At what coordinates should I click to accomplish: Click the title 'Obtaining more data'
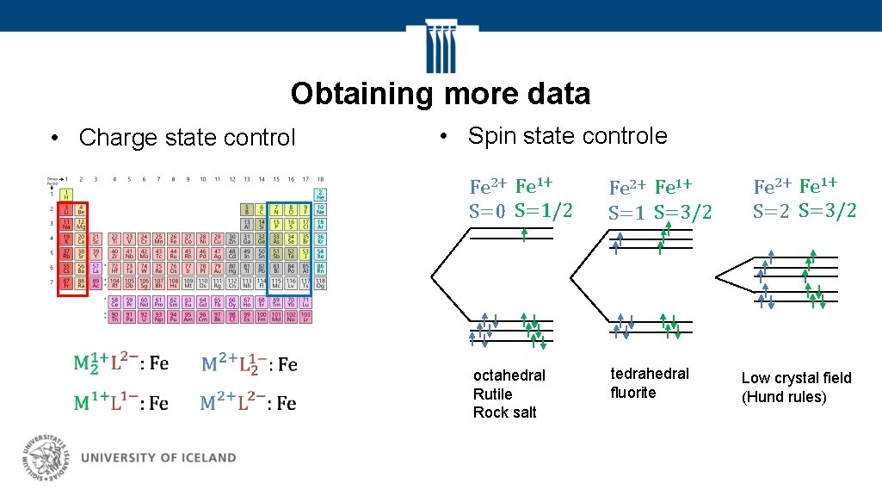tap(441, 93)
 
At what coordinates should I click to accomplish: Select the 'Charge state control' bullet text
tap(186, 138)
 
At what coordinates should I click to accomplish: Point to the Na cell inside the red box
tap(66, 223)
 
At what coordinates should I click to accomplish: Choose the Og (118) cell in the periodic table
tap(320, 282)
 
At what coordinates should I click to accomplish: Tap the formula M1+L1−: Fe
tap(120, 403)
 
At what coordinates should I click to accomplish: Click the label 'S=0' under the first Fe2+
tap(487, 211)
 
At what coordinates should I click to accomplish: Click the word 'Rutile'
tap(492, 394)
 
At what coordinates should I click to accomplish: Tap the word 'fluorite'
tap(632, 393)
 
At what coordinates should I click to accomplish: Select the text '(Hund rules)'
tap(784, 397)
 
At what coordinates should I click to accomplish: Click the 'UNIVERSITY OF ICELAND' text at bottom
tap(157, 458)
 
